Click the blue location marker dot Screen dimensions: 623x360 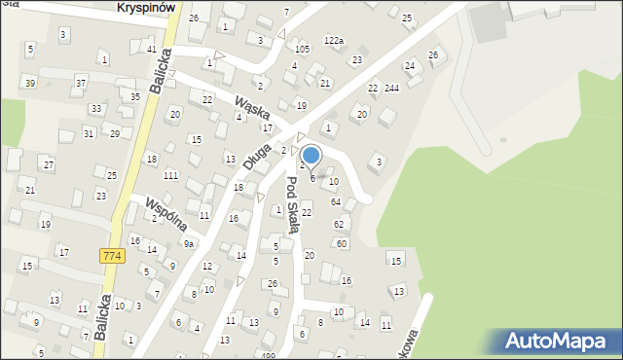[311, 155]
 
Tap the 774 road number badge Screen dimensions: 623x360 [110, 255]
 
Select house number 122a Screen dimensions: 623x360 [334, 41]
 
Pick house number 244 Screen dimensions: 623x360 [392, 89]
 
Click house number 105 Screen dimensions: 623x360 [302, 49]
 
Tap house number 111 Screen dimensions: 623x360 [170, 175]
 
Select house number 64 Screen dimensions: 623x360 [336, 201]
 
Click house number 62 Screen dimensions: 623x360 [339, 224]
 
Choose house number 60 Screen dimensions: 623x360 [342, 243]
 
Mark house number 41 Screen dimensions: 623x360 [151, 49]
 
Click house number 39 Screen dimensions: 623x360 [30, 83]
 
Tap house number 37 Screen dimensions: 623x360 [81, 83]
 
